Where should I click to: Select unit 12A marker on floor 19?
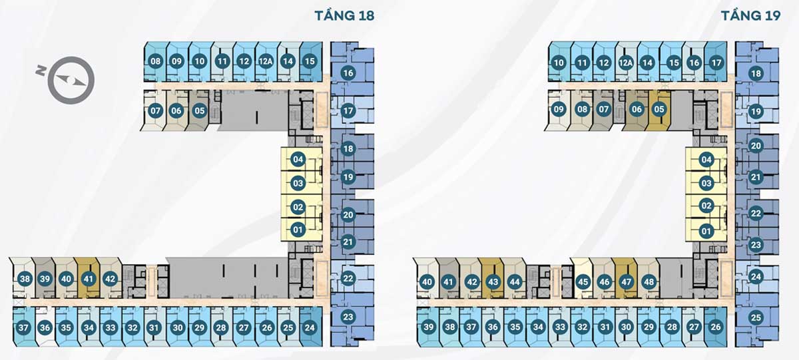(625, 64)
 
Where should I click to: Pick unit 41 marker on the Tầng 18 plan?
(88, 279)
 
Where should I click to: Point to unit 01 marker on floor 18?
(298, 230)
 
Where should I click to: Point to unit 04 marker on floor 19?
(706, 160)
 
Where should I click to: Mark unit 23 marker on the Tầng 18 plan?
(348, 317)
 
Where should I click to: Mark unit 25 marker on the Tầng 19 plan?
(755, 318)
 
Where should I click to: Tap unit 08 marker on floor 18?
(156, 62)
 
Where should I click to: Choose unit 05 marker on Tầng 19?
(659, 108)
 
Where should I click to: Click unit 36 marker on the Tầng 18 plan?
(45, 327)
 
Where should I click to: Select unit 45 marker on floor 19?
(583, 281)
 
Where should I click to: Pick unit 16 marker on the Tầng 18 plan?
(348, 72)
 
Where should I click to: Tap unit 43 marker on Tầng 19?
(493, 281)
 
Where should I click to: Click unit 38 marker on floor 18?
(25, 279)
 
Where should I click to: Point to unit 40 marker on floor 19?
(427, 281)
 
